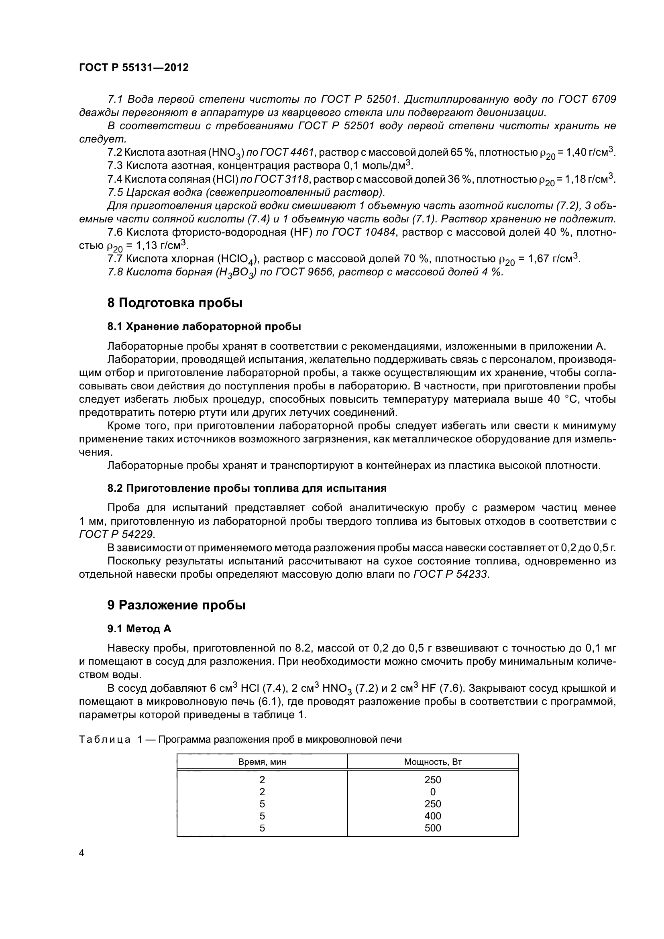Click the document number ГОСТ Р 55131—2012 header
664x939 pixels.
coord(134,68)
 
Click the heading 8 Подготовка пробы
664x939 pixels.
coord(175,303)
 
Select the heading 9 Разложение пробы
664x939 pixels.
coord(176,605)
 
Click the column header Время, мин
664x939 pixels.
coord(262,762)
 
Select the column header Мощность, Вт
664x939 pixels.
coord(433,762)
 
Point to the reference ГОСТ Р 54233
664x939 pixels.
coord(450,574)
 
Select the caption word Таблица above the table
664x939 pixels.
coord(105,739)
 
